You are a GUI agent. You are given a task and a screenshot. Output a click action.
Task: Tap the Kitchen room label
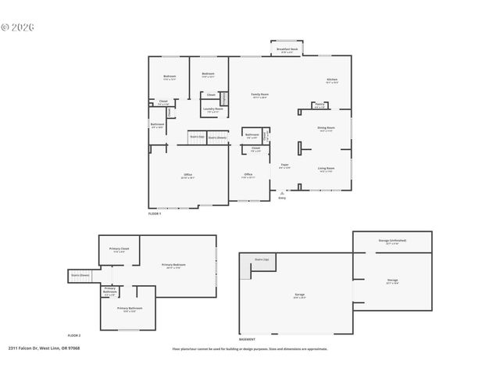332,80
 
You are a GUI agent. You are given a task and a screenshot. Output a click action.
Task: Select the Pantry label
320,105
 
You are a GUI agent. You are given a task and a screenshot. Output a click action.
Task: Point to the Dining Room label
327,128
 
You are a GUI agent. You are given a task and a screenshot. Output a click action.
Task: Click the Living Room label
327,169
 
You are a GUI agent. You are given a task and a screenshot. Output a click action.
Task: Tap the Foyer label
285,166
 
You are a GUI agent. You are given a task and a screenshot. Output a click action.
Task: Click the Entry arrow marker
282,193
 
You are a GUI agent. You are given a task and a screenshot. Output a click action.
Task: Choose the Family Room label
259,95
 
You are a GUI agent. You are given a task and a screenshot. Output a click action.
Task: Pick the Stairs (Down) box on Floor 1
217,137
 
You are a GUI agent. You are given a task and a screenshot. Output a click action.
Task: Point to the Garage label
299,295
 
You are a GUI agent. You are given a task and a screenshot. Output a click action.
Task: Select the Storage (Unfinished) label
392,241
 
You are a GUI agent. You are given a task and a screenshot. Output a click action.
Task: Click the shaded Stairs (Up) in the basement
262,260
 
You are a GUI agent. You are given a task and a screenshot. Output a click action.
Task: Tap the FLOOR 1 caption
155,213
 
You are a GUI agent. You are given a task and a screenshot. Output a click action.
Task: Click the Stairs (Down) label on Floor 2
81,275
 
